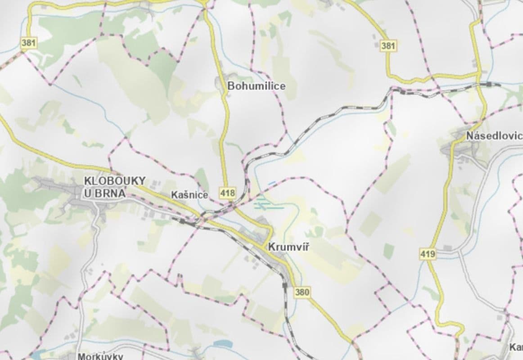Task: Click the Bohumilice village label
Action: (256, 86)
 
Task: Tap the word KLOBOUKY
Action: (115, 181)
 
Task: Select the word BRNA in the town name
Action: (113, 193)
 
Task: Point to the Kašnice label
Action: (189, 195)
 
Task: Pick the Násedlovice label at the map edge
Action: (494, 135)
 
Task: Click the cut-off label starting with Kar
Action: (516, 347)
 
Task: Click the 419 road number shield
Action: (428, 254)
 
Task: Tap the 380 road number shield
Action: (302, 292)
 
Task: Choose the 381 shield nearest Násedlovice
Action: (388, 46)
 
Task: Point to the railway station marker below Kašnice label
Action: (182, 221)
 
